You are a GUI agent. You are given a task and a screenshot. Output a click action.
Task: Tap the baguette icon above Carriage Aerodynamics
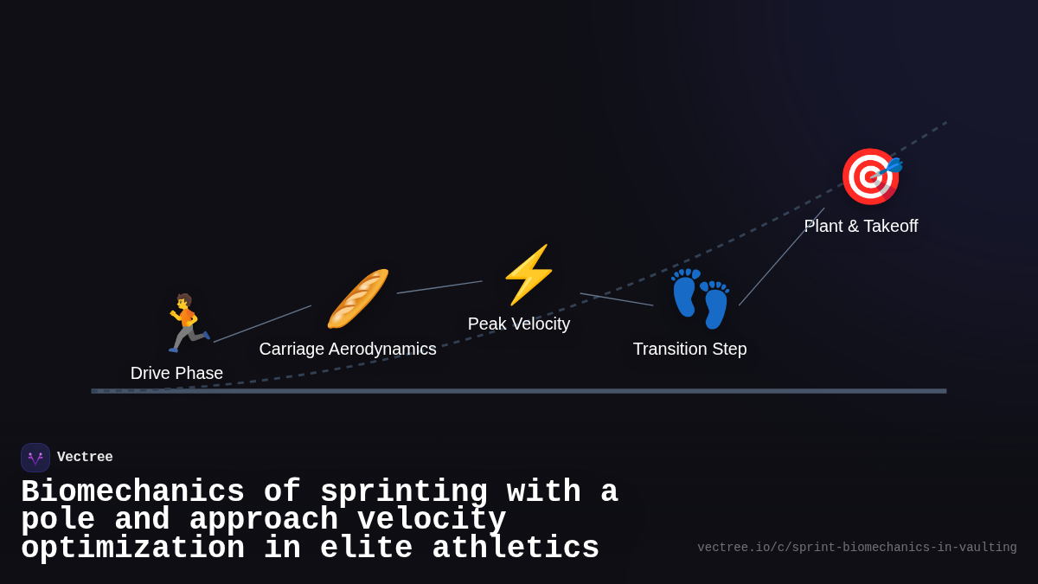[357, 298]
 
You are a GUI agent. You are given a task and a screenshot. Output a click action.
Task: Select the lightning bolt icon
[528, 274]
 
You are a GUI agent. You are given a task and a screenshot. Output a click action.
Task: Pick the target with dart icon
[870, 176]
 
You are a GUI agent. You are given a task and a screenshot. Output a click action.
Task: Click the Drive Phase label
[176, 373]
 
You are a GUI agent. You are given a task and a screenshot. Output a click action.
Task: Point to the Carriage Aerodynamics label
[348, 349]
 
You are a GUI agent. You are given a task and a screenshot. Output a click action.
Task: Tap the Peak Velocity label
[519, 324]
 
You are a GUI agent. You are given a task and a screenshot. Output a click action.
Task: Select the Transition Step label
[689, 349]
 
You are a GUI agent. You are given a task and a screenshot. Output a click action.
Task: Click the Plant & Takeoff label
[861, 226]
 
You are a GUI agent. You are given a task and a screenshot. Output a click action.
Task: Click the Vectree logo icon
[35, 458]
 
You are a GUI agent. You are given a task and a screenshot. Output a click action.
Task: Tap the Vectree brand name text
[85, 458]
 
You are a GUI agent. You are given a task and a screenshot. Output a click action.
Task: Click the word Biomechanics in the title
[132, 492]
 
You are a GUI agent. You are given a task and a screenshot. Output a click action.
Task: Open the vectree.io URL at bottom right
[856, 548]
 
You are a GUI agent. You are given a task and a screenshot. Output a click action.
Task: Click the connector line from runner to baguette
[262, 324]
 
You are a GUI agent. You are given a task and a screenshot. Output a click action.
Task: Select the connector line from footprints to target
[781, 257]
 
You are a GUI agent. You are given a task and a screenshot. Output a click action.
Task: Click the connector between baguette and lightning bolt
[439, 287]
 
